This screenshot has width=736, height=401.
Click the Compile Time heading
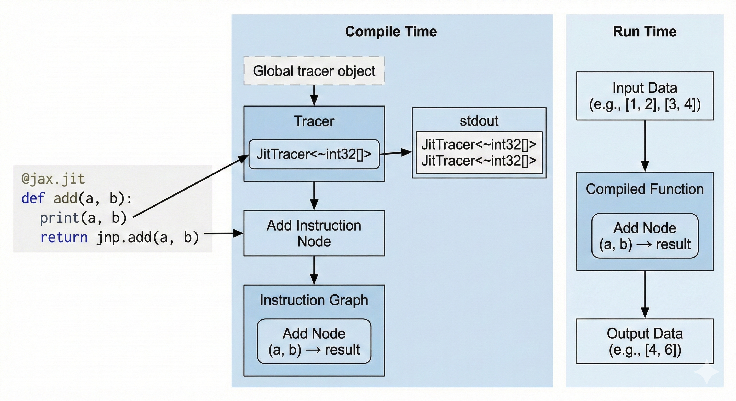(x=390, y=31)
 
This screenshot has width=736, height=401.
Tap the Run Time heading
(x=645, y=31)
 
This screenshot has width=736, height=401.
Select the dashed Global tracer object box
(x=314, y=71)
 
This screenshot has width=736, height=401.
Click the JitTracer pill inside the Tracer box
(x=314, y=154)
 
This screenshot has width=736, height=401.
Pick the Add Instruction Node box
(x=314, y=233)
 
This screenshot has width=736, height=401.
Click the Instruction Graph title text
(x=314, y=300)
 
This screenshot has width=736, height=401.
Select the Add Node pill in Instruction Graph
(x=314, y=341)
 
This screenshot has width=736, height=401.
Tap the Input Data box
(x=645, y=96)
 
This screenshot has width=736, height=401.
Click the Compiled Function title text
(x=645, y=189)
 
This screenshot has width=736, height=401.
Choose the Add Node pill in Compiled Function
(x=645, y=236)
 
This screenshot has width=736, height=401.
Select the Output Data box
(x=645, y=341)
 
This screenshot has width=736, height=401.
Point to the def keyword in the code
(x=33, y=198)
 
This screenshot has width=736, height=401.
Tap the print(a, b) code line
(x=83, y=218)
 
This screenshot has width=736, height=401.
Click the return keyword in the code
(x=64, y=238)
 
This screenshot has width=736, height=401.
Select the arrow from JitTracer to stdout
(x=396, y=153)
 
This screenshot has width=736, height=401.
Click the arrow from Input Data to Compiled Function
(x=645, y=146)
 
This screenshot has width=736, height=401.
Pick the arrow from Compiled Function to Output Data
(x=645, y=294)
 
